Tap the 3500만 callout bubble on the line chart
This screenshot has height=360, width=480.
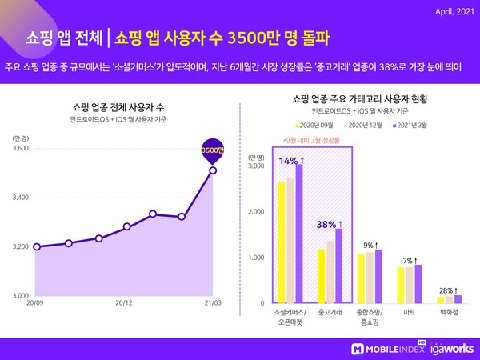tap(212, 150)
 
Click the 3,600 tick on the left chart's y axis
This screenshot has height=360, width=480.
tap(21, 149)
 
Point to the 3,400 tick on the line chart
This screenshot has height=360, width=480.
tap(21, 198)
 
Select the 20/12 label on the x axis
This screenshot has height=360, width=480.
tap(123, 303)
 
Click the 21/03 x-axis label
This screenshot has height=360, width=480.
tap(211, 303)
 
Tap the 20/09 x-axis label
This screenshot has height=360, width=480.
tap(35, 303)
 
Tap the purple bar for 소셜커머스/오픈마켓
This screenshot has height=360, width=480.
tap(299, 233)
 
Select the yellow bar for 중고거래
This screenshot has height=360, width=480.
tap(322, 276)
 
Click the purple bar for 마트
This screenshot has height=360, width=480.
tap(418, 283)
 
